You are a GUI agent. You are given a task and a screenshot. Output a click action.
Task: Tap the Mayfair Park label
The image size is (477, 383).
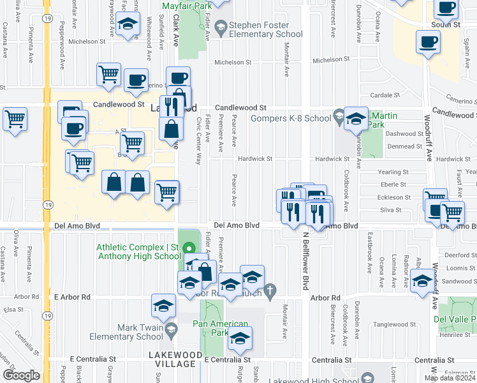tap(186, 6)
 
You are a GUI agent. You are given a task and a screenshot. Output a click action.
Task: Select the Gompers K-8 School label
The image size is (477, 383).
tap(291, 118)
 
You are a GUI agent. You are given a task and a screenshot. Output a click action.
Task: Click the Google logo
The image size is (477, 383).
tap(21, 375)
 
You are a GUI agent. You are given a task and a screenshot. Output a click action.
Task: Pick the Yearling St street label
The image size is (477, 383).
tap(393, 172)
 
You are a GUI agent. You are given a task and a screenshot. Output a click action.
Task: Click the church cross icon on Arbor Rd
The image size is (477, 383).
tap(270, 290)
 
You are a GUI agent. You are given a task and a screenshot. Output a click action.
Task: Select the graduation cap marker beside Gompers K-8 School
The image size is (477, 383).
tap(356, 119)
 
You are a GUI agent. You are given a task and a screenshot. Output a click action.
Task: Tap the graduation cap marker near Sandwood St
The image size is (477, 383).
tap(422, 281)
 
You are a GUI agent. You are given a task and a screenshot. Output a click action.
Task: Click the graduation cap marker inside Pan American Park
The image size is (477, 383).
tap(240, 339)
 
